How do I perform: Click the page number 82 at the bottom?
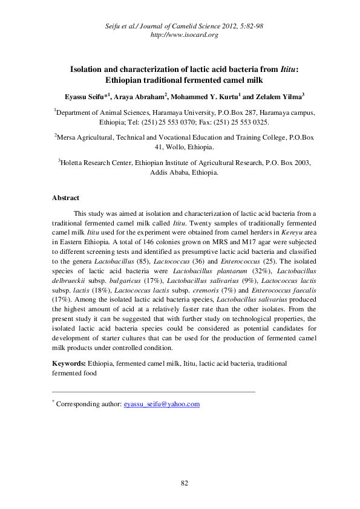pos(186,482)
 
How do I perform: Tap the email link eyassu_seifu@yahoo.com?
pos(162,404)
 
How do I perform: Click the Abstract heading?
pos(65,198)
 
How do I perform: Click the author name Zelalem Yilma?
pos(279,96)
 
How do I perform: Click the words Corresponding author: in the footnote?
pos(89,404)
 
